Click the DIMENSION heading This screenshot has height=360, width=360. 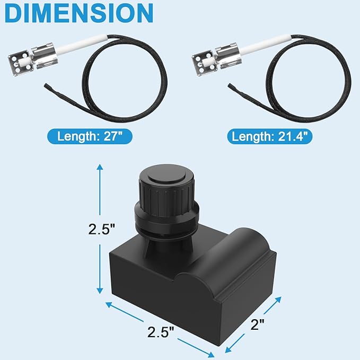[x=78, y=13]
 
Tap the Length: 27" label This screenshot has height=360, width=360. [x=90, y=136]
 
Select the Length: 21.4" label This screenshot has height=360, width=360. [x=270, y=136]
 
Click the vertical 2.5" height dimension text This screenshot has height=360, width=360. [x=101, y=229]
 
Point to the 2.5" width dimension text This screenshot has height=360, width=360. [x=161, y=332]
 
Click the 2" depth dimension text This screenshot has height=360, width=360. [x=257, y=324]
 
